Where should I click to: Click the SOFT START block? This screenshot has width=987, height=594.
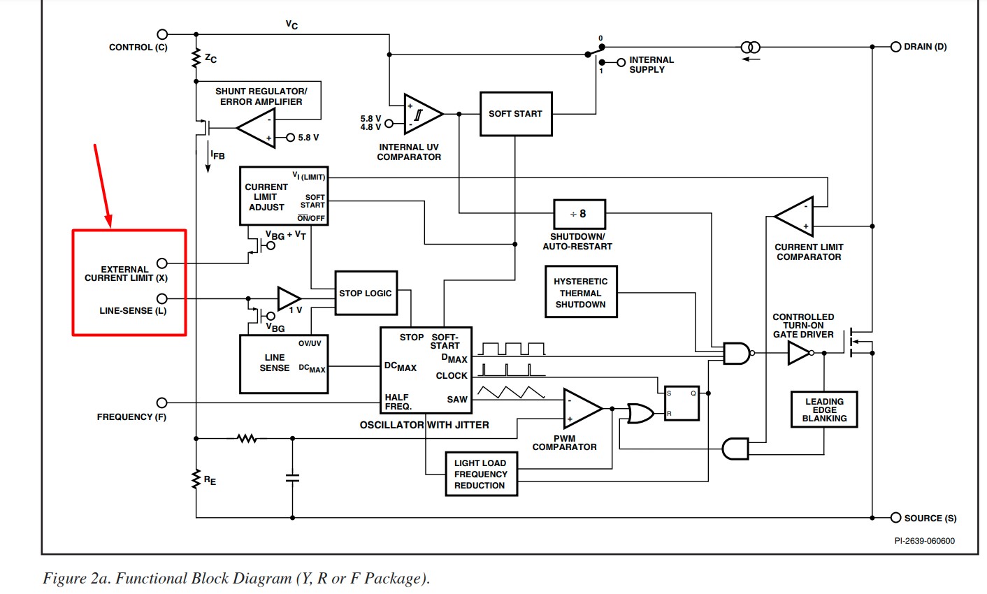[516, 114]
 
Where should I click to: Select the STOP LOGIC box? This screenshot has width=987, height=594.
[366, 293]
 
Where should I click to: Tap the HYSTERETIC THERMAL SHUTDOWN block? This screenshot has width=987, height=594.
[580, 292]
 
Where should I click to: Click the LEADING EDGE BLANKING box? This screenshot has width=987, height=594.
[824, 410]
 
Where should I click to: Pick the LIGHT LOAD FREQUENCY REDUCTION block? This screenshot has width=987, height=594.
[481, 475]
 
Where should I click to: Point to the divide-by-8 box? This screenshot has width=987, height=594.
[579, 214]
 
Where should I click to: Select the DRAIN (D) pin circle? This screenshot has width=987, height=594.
[895, 47]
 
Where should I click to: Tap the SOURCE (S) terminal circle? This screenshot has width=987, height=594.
[895, 518]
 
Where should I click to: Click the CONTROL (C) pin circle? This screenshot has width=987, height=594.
[162, 34]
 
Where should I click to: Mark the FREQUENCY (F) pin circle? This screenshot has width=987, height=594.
[162, 403]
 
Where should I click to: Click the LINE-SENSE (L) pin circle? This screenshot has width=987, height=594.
[162, 299]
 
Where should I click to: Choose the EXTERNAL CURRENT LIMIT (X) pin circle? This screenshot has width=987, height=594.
[162, 263]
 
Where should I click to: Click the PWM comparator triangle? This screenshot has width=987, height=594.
[581, 409]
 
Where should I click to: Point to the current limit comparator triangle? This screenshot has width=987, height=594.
[796, 217]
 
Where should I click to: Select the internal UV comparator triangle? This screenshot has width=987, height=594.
[422, 114]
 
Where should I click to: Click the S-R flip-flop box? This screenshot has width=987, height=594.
[682, 403]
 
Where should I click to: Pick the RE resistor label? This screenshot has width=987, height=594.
[210, 481]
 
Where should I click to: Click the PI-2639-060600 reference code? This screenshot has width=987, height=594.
[924, 541]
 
